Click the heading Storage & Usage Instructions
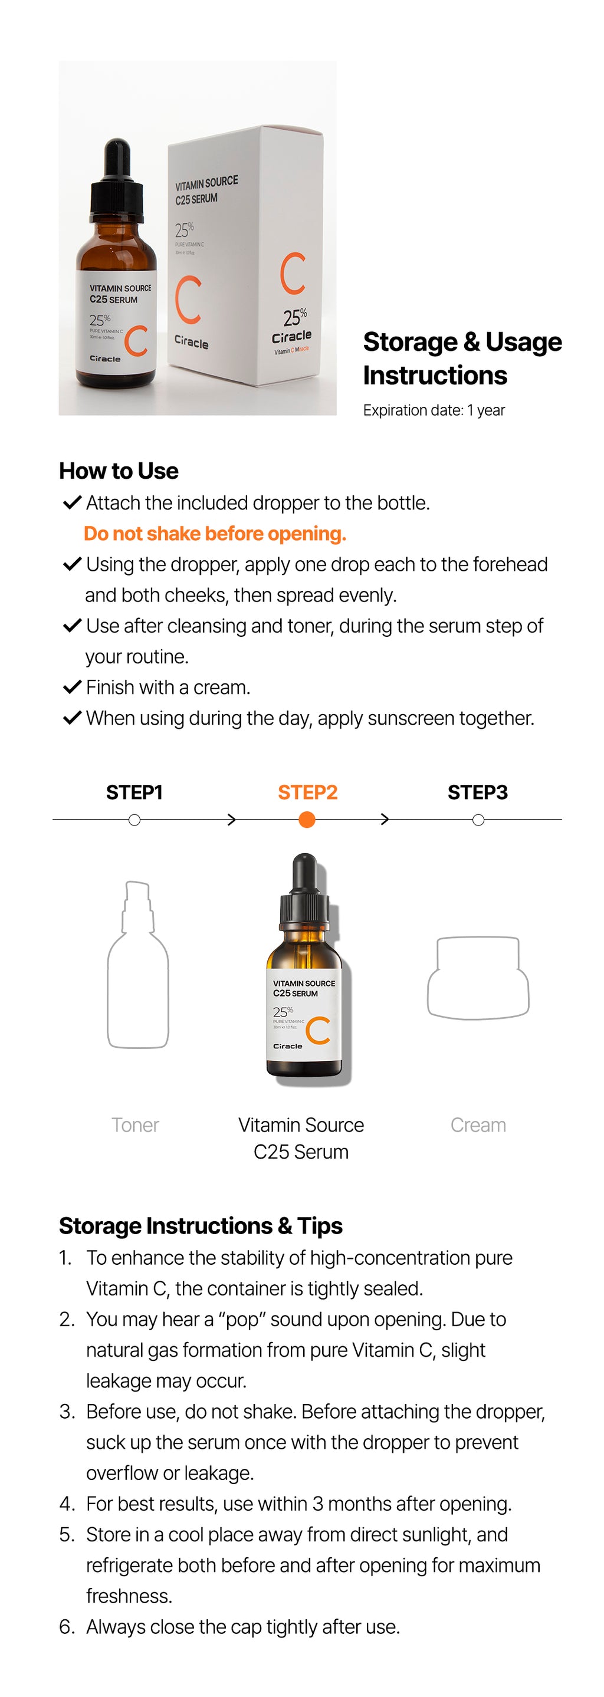pyautogui.click(x=462, y=359)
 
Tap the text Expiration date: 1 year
pyautogui.click(x=434, y=410)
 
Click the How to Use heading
pyautogui.click(x=119, y=471)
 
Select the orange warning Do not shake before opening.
pyautogui.click(x=215, y=534)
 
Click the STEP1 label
pyautogui.click(x=134, y=792)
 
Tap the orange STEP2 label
pyautogui.click(x=307, y=792)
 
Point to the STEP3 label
pyautogui.click(x=478, y=792)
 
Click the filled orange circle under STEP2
pyautogui.click(x=307, y=820)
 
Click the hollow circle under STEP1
pyautogui.click(x=134, y=820)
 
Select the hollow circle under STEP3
pyautogui.click(x=479, y=820)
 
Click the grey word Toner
pyautogui.click(x=135, y=1125)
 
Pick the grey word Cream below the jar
pyautogui.click(x=478, y=1125)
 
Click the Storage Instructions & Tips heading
pyautogui.click(x=201, y=1226)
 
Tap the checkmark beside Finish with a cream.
pyautogui.click(x=72, y=687)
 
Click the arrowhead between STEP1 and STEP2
pyautogui.click(x=231, y=820)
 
